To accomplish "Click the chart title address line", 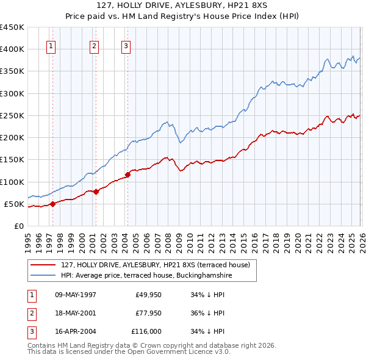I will (x=182, y=5).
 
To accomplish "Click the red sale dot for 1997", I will (x=52, y=204).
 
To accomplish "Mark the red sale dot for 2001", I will (x=96, y=192).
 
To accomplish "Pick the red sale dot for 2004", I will (x=128, y=175).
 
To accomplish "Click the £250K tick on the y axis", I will (x=12, y=115).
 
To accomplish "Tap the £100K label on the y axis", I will (x=12, y=182).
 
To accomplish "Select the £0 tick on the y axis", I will (x=19, y=226).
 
